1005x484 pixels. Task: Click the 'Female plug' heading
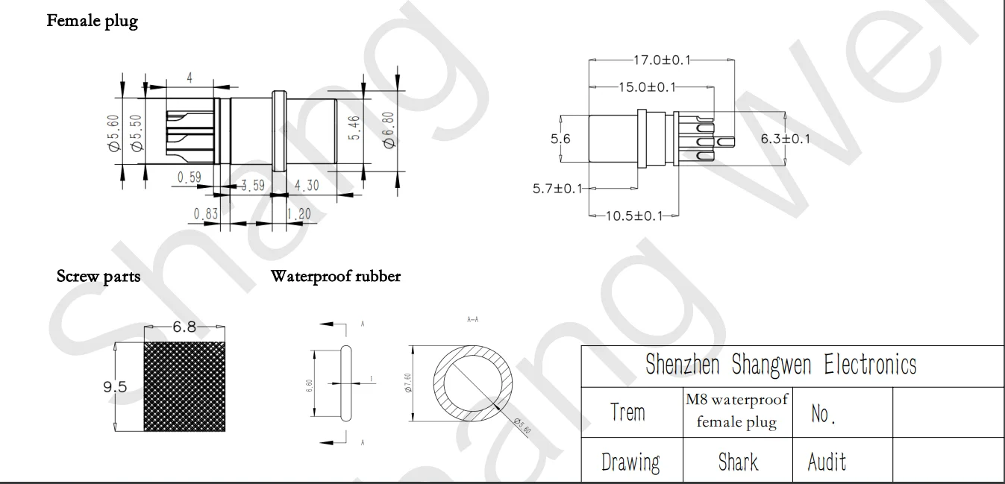tap(92, 21)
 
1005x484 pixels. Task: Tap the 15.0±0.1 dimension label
tap(646, 87)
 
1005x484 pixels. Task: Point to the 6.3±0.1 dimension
tap(785, 138)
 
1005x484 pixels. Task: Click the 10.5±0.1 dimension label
tap(633, 216)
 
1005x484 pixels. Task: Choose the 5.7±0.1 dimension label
tap(557, 189)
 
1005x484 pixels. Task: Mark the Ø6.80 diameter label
tap(389, 129)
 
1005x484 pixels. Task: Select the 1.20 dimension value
tap(301, 214)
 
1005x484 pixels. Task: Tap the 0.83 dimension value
tap(206, 214)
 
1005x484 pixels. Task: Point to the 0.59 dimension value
tap(190, 177)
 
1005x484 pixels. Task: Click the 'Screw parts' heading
tap(98, 277)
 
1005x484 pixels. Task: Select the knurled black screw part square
tap(184, 386)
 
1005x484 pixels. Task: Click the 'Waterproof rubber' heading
tap(335, 277)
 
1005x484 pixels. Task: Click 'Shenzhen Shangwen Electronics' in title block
tap(780, 365)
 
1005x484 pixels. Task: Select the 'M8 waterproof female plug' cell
tap(736, 411)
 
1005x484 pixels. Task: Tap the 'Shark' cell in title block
tap(737, 462)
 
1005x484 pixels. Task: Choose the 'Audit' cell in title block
tap(827, 462)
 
